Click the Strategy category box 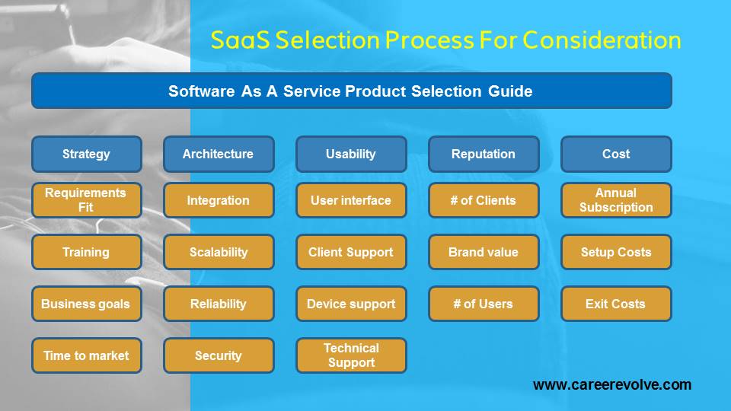(87, 154)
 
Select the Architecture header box (219, 154)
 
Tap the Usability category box (351, 154)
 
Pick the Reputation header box (484, 154)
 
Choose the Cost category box (616, 154)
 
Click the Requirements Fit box (87, 200)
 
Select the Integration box (219, 200)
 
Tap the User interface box (351, 200)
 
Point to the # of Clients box (484, 200)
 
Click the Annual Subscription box (616, 200)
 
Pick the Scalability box (219, 252)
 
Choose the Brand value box (484, 252)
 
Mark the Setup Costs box (616, 252)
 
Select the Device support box (351, 304)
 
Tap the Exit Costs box (616, 304)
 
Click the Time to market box (87, 355)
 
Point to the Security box (219, 355)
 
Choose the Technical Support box (351, 355)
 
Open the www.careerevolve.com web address (612, 385)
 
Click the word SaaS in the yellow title (240, 40)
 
